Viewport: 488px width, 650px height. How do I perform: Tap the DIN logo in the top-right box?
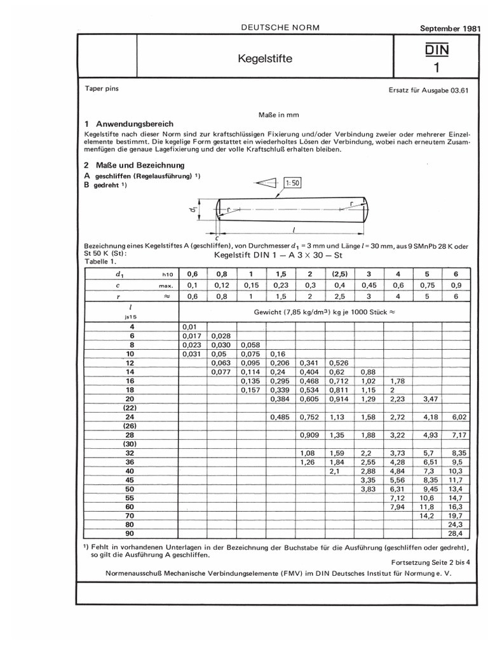point(436,49)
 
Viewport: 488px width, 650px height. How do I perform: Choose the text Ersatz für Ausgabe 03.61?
point(428,90)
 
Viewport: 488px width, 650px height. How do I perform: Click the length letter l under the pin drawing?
point(295,230)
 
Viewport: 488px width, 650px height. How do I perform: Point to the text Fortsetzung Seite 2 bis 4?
point(428,562)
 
